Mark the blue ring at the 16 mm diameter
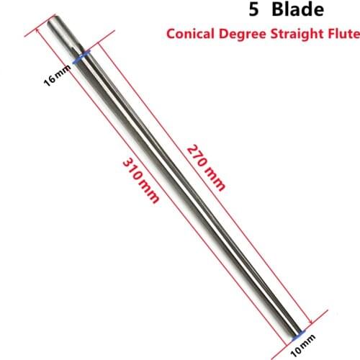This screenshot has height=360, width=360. tap(80, 55)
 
